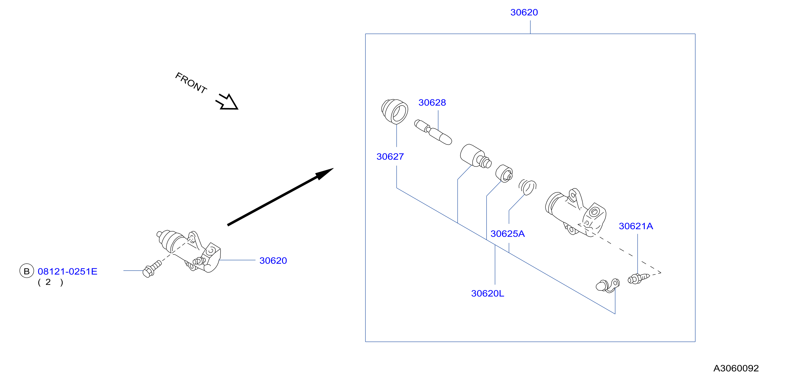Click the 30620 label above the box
coord(524,12)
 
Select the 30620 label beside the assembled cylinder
coord(273,261)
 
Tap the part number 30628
coord(432,103)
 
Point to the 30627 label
coord(390,157)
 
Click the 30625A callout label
coord(508,234)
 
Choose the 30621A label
coord(636,226)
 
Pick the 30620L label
coord(487,293)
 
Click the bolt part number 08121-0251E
coord(67,271)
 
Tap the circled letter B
coord(27,271)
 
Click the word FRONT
coord(191,83)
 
